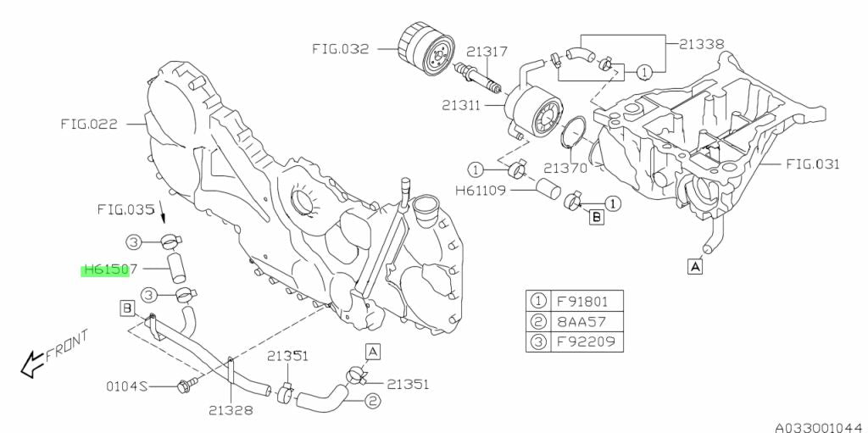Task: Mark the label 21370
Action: click(x=565, y=169)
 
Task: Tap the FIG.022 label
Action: click(x=89, y=123)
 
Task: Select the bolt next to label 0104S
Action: click(x=182, y=387)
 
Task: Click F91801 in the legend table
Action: click(x=587, y=301)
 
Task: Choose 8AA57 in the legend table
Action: click(x=585, y=322)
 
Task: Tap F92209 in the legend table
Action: click(x=587, y=343)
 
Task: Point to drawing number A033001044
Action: click(x=815, y=421)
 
